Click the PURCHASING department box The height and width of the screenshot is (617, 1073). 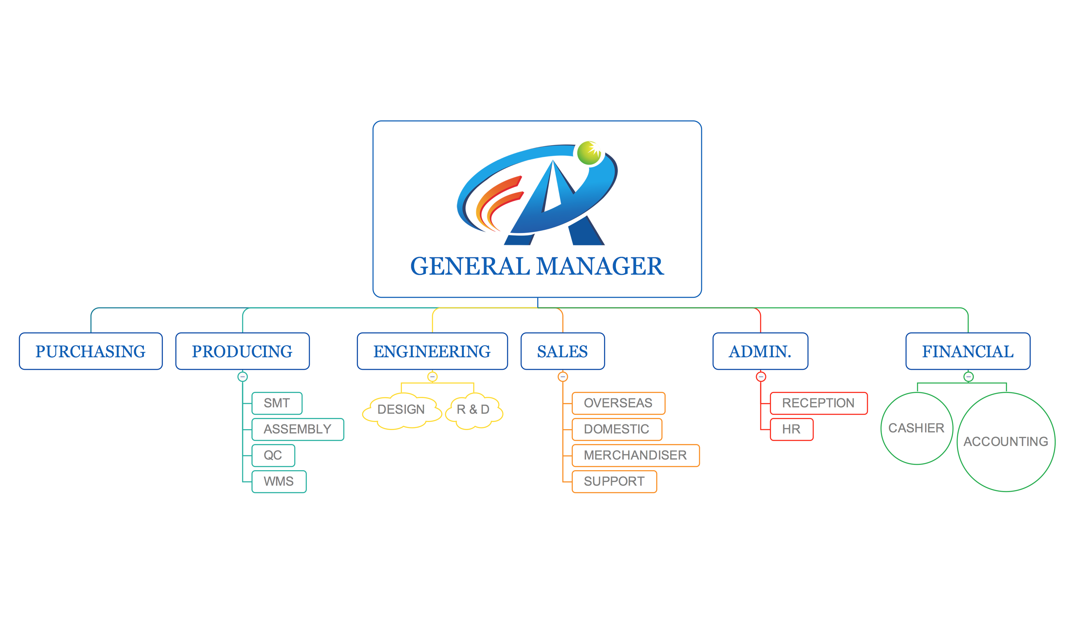point(91,351)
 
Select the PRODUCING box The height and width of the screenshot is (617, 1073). point(243,351)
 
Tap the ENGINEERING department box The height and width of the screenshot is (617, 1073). point(432,351)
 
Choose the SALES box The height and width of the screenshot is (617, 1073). point(562,351)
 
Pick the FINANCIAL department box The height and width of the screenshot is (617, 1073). point(968,351)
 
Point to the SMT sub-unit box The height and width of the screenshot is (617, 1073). point(277,403)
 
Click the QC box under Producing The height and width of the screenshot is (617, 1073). point(273,456)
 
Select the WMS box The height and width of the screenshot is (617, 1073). point(279,481)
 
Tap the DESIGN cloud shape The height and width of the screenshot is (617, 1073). point(401,410)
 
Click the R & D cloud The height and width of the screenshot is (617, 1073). point(474,410)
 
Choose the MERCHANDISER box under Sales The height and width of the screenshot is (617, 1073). point(635,456)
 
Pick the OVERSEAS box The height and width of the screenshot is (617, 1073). point(618,403)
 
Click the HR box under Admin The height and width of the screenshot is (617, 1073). point(792,429)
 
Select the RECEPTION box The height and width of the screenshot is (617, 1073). point(818,403)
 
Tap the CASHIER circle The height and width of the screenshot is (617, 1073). point(917,428)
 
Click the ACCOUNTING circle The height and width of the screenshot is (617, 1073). point(1006,442)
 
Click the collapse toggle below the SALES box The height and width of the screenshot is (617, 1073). point(562,377)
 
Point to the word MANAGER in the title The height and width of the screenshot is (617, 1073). point(600,266)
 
